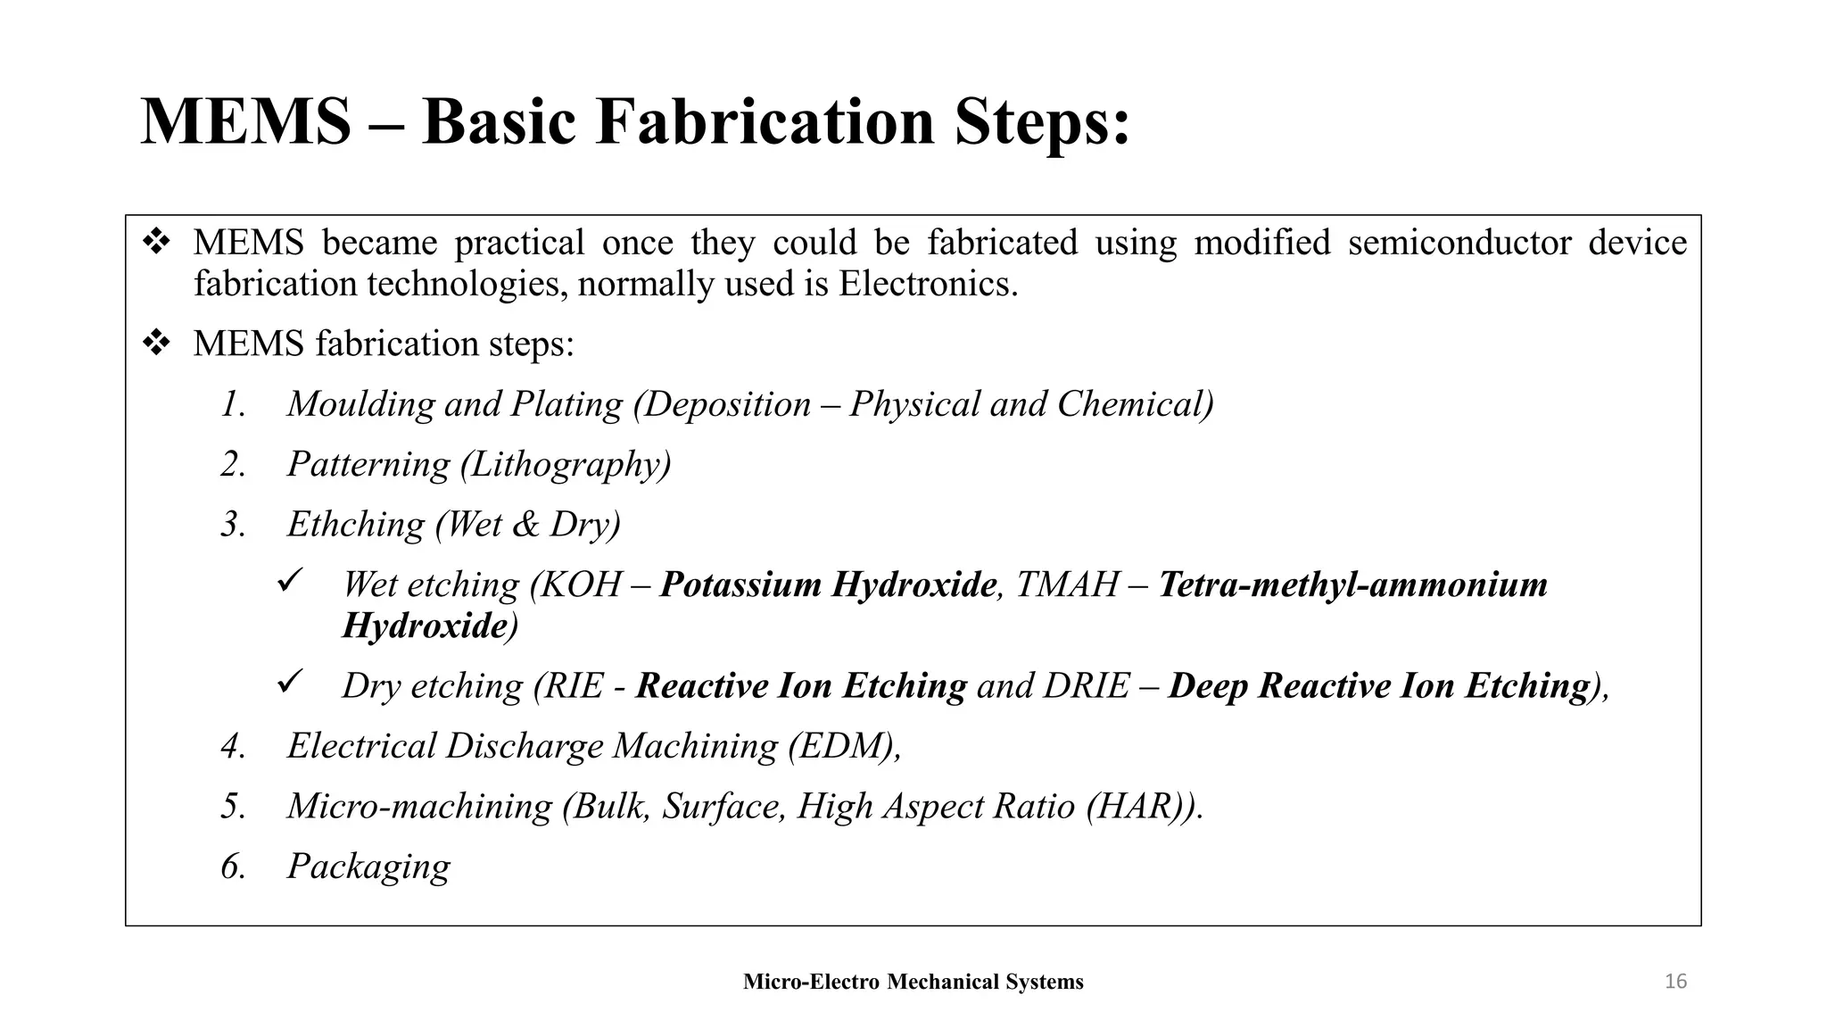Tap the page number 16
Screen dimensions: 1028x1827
1675,982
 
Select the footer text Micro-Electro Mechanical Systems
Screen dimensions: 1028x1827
913,982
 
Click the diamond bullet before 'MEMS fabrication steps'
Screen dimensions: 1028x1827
156,344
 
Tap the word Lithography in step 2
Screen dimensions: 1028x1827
566,465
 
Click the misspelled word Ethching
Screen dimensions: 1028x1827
355,525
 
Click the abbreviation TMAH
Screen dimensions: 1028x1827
1066,585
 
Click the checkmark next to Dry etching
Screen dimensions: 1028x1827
291,683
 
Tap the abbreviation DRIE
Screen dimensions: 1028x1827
1086,686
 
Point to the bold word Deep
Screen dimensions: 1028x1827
1208,686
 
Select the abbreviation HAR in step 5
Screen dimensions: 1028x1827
1137,807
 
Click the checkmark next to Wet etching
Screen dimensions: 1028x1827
291,582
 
